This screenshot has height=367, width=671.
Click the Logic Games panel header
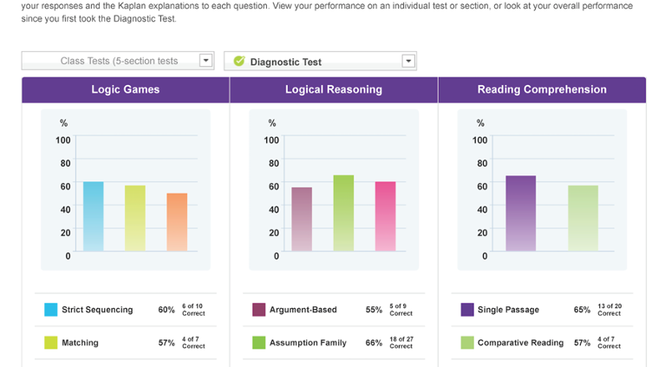click(x=126, y=89)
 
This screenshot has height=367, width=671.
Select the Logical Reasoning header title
click(x=334, y=89)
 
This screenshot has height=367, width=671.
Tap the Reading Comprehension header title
click(x=542, y=89)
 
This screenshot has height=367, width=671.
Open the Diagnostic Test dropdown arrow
click(x=408, y=61)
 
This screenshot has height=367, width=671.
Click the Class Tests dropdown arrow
click(x=205, y=61)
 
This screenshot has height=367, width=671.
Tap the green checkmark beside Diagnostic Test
click(x=239, y=61)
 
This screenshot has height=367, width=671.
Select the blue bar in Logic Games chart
click(x=94, y=216)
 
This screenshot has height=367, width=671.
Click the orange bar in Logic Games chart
click(x=177, y=222)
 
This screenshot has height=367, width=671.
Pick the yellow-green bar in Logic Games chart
click(x=135, y=218)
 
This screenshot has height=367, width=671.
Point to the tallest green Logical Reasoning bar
click(x=343, y=213)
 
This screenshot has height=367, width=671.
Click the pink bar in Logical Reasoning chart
click(x=385, y=216)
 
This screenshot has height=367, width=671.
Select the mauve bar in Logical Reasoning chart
click(x=302, y=219)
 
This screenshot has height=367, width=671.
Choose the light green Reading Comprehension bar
click(x=583, y=218)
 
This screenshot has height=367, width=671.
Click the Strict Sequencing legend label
click(x=97, y=310)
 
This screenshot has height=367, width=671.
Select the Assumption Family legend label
click(x=308, y=343)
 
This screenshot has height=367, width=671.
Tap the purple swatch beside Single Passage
click(x=466, y=310)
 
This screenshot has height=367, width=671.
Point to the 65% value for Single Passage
click(x=582, y=310)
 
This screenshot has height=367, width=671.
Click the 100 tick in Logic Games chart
click(x=63, y=141)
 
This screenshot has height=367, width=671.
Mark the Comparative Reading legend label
click(x=520, y=343)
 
